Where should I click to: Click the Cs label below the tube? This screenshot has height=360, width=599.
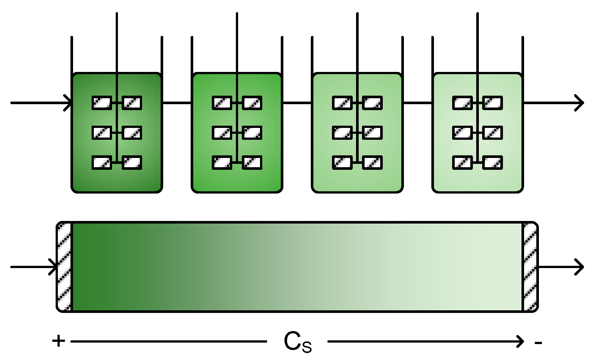pyautogui.click(x=297, y=342)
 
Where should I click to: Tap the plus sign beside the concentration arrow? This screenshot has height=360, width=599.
pyautogui.click(x=59, y=341)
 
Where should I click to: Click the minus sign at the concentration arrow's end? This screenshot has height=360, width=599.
pyautogui.click(x=538, y=343)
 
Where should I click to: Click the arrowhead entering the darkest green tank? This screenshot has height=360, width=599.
pyautogui.click(x=68, y=103)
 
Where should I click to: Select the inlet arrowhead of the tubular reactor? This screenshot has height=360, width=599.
pyautogui.click(x=54, y=267)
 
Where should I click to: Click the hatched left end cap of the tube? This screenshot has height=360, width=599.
pyautogui.click(x=64, y=267)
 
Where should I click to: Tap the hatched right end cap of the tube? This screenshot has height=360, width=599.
pyautogui.click(x=530, y=267)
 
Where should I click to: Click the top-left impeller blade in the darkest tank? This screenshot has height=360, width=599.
pyautogui.click(x=102, y=103)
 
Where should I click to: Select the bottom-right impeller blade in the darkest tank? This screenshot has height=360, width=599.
pyautogui.click(x=132, y=163)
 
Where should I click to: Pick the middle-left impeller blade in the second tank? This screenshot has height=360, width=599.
pyautogui.click(x=222, y=133)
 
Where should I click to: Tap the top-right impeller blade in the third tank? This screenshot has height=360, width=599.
pyautogui.click(x=372, y=103)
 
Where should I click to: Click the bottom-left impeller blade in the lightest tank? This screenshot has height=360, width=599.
pyautogui.click(x=463, y=163)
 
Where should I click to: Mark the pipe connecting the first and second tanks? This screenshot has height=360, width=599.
pyautogui.click(x=177, y=103)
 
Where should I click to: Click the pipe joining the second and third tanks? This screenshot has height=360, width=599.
pyautogui.click(x=297, y=103)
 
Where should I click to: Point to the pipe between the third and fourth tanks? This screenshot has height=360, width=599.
pyautogui.click(x=418, y=103)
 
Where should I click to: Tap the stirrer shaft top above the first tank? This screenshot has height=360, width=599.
pyautogui.click(x=117, y=15)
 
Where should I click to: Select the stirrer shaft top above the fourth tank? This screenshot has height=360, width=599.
pyautogui.click(x=477, y=15)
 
